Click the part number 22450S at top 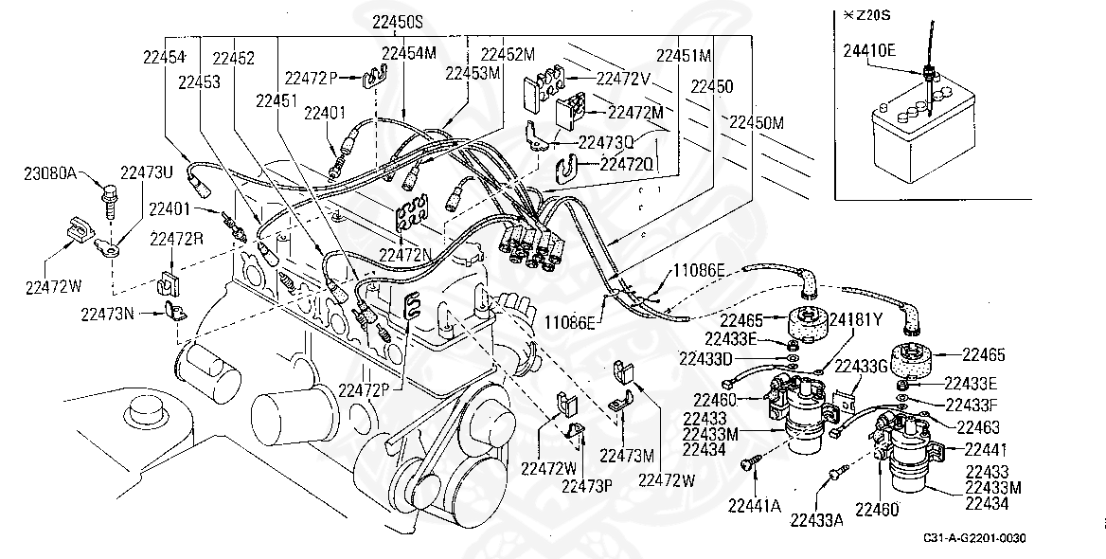coord(398,20)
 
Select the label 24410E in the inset coord(869,51)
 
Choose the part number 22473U coord(147,173)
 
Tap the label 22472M coord(635,112)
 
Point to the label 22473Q coord(606,142)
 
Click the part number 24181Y coord(856,318)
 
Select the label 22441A coord(755,506)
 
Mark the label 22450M coord(757,122)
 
